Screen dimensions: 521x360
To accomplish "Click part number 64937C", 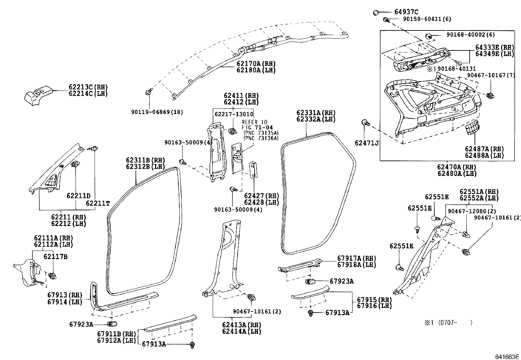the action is coord(406,12).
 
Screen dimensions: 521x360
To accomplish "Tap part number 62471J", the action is coord(367,143).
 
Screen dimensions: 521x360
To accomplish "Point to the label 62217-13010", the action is coord(234,114).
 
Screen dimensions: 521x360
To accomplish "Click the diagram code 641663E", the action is coord(507,356).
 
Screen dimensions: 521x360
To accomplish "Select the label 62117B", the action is coord(56,256).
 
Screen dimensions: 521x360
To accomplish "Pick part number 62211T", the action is coord(98,203).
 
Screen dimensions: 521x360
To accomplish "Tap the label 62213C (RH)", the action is coord(88,87).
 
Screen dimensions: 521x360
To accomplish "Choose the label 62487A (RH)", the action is coord(484,149).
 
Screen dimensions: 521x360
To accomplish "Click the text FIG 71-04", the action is coord(257,127).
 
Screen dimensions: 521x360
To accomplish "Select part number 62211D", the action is coord(79,196).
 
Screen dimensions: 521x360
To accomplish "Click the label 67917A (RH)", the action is coord(357,258).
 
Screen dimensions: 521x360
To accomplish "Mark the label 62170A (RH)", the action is coord(256,64).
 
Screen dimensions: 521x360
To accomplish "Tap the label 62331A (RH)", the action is coord(316,113).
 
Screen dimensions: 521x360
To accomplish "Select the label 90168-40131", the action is coord(457,69).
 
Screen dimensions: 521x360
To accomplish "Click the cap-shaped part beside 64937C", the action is coord(375,12).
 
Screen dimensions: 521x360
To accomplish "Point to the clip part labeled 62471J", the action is coord(366,123).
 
